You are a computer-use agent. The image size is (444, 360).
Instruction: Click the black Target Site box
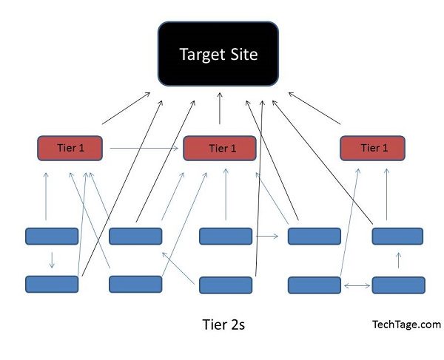(218, 54)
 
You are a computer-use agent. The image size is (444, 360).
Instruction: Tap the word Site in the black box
(243, 54)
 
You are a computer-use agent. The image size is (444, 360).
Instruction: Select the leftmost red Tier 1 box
(70, 148)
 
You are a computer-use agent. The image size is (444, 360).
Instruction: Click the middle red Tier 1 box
(220, 148)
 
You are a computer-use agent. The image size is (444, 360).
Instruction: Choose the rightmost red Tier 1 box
(372, 148)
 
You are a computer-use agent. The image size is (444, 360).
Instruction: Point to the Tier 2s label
(223, 325)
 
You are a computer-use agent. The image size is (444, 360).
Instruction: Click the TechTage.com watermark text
(406, 325)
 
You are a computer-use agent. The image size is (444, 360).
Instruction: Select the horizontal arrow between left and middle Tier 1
(144, 148)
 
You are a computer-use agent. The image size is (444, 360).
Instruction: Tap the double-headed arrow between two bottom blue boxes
(357, 286)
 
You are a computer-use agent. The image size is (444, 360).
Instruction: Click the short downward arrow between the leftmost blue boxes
(52, 260)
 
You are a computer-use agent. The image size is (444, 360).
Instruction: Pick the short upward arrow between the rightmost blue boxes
(398, 260)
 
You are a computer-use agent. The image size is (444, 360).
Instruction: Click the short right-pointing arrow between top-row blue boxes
(267, 236)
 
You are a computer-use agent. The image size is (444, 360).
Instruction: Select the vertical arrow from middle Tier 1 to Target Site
(220, 108)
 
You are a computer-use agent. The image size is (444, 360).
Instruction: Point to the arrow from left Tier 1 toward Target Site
(126, 108)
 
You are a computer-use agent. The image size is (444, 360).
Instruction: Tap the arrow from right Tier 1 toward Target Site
(314, 108)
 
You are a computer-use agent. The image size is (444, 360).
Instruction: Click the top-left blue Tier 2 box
(52, 236)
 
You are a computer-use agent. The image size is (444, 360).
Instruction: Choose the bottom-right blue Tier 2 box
(398, 285)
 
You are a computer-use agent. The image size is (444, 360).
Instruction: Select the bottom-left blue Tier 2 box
(52, 284)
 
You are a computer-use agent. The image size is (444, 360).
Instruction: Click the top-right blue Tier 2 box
(397, 236)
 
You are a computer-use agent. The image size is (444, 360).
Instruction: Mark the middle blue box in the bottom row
(226, 285)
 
